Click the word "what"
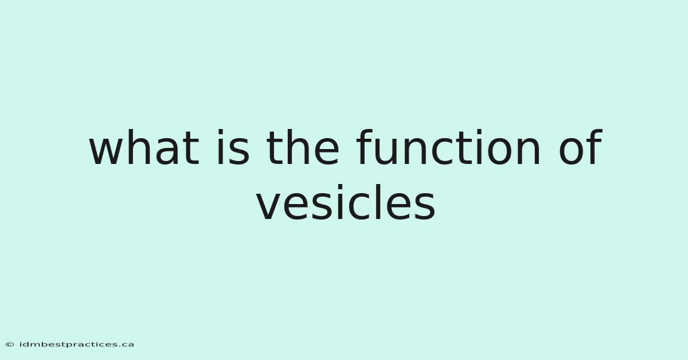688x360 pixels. click(144, 148)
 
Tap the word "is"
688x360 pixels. click(233, 147)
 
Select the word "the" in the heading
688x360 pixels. click(303, 147)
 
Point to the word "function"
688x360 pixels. click(448, 147)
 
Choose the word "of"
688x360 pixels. click(580, 147)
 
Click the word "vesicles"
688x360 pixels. click(346, 202)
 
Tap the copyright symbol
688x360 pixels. click(10, 345)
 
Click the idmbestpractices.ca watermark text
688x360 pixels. click(76, 345)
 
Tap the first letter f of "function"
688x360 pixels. click(364, 147)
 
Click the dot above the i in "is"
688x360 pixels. click(220, 132)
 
